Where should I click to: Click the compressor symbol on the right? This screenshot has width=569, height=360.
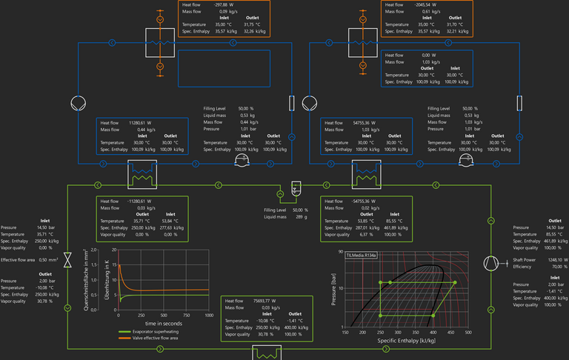490,264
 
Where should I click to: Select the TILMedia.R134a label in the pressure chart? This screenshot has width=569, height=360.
361,255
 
